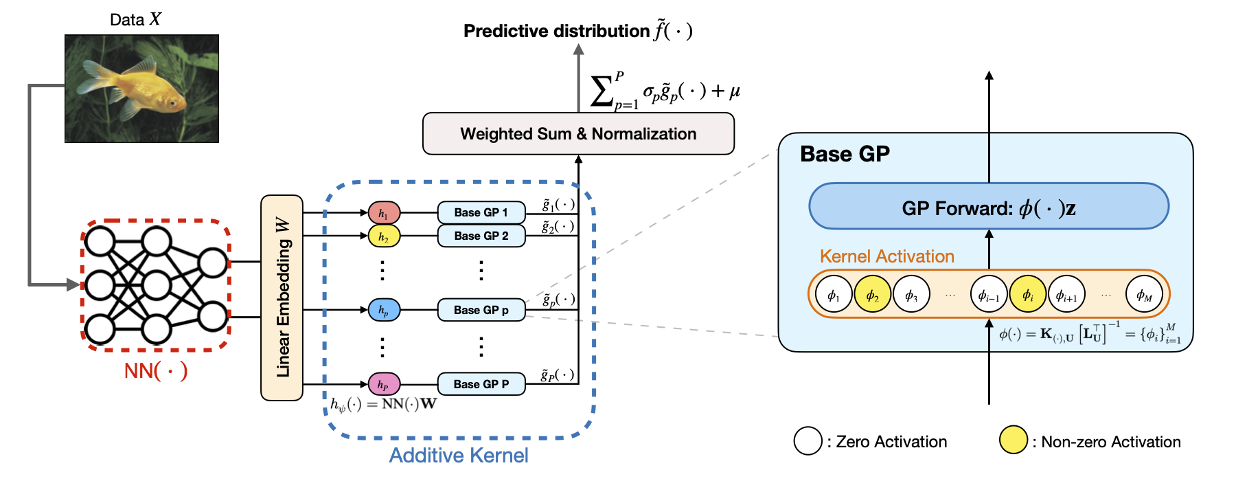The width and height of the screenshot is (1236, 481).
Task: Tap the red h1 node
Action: tap(384, 213)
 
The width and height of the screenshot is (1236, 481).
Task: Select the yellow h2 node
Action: tap(384, 236)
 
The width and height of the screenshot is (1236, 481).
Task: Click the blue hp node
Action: tap(384, 311)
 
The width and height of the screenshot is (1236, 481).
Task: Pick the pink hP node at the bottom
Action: tap(384, 384)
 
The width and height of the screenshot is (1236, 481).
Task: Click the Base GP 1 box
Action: tap(481, 213)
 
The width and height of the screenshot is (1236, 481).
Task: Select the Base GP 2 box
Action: tap(481, 236)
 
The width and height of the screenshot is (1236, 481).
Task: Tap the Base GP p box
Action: tap(481, 311)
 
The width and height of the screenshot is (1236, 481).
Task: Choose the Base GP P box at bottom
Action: tap(481, 384)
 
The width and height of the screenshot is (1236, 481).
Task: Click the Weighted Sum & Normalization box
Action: tap(578, 134)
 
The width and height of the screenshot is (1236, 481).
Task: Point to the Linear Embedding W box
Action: tap(282, 298)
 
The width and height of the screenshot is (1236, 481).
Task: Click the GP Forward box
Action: tap(989, 207)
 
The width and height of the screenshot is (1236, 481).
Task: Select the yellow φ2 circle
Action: tap(872, 295)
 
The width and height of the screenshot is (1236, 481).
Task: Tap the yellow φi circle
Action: tap(1027, 295)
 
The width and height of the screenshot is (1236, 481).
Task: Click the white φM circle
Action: tap(1144, 295)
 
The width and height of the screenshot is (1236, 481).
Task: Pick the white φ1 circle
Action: tap(834, 295)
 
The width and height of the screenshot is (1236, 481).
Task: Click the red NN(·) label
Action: tap(156, 371)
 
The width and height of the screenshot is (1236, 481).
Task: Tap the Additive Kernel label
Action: tap(459, 456)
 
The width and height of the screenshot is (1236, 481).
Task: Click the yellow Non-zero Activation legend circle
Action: tap(1014, 440)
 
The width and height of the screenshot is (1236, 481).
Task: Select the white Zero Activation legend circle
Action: tap(808, 440)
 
